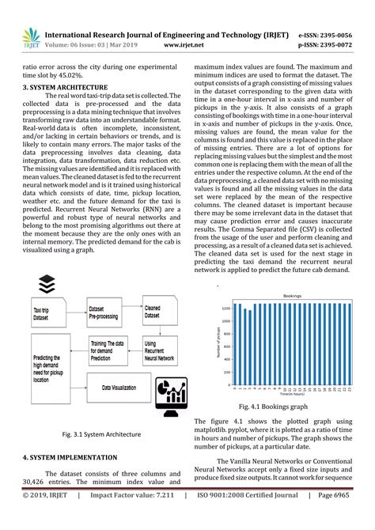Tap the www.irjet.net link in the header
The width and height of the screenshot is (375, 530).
(182, 45)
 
